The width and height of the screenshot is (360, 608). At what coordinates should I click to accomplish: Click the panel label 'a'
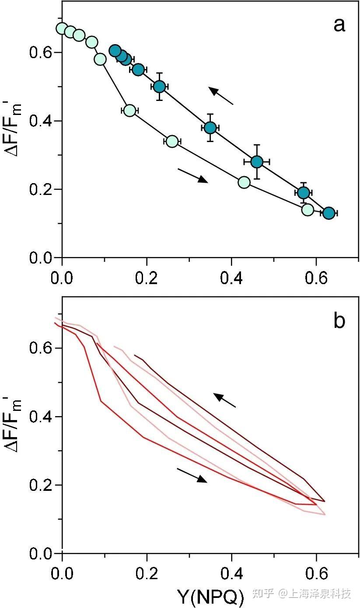pos(339,25)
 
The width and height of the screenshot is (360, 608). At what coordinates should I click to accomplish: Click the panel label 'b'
pos(339,321)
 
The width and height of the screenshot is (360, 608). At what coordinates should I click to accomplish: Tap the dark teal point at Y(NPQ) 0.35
pos(210,128)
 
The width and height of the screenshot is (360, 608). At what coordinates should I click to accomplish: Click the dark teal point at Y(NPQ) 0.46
pos(257,162)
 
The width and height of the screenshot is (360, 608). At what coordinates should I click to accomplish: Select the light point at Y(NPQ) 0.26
pos(172,141)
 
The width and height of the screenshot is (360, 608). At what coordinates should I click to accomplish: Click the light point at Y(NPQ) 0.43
pos(244,182)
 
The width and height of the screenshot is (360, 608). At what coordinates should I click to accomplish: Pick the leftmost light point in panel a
pos(62,28)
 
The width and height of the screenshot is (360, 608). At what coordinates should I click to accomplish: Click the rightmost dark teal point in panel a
pos(329,213)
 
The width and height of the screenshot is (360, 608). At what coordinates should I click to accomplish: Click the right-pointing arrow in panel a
pos(192,176)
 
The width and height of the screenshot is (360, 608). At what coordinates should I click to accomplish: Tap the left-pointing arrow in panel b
pos(224,400)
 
